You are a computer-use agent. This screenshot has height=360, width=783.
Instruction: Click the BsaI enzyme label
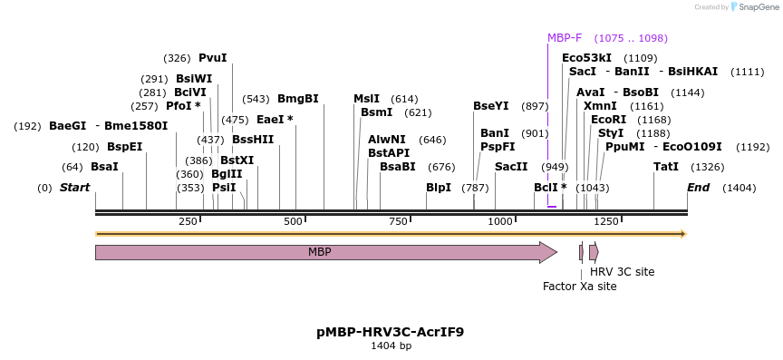[x=104, y=167]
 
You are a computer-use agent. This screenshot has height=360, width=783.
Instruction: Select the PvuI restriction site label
[x=213, y=58]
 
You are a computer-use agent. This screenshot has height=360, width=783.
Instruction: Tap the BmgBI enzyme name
[x=298, y=99]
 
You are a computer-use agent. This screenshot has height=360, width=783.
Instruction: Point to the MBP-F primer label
[x=565, y=38]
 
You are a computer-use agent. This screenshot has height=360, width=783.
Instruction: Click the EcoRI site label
[x=608, y=120]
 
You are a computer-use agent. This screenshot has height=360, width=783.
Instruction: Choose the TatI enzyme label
[x=666, y=167]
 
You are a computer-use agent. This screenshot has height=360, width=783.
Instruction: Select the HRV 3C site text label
[x=622, y=272]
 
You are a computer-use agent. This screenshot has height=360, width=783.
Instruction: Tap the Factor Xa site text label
[x=579, y=287]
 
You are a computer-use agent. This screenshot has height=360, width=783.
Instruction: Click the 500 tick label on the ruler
[x=294, y=221]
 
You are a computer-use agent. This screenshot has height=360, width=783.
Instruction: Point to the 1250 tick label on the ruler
[x=606, y=221]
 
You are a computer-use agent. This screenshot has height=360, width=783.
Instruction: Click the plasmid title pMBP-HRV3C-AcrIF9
[x=391, y=332]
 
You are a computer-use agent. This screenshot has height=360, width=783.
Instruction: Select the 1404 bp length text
[x=391, y=346]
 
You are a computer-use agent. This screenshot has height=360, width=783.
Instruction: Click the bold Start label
[x=75, y=188]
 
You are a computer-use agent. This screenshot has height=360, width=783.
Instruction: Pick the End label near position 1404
[x=698, y=188]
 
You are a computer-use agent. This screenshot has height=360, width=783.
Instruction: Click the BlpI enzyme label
[x=439, y=188]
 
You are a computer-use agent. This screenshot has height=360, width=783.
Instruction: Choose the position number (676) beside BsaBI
[x=441, y=167]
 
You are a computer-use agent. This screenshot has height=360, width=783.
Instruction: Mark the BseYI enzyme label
[x=491, y=106]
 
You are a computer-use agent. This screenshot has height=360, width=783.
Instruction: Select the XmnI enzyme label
[x=600, y=106]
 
